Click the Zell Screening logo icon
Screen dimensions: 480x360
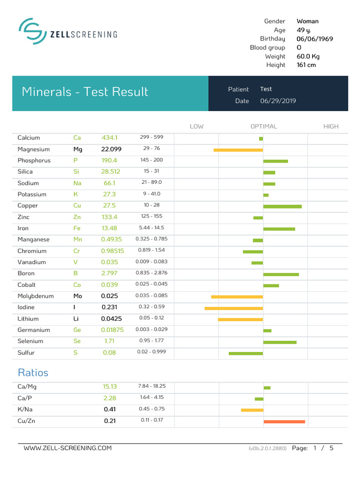point(32,32)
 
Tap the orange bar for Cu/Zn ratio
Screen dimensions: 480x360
point(284,422)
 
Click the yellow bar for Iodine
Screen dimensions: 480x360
point(233,308)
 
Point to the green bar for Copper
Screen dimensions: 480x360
point(282,206)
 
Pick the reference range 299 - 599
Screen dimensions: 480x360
point(151,137)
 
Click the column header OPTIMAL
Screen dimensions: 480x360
point(263,127)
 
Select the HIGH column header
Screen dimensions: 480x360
point(331,127)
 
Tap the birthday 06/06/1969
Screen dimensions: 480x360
point(315,39)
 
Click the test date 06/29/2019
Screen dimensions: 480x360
point(278,101)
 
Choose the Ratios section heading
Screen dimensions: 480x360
point(33,373)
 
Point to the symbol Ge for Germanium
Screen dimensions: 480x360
point(77,330)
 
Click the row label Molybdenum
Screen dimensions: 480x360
point(36,296)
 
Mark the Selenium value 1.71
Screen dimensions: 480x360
point(109,341)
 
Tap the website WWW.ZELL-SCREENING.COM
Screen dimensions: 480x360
point(67,448)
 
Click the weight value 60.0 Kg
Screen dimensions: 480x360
point(308,56)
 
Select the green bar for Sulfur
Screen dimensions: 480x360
point(246,353)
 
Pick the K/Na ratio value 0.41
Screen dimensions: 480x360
point(110,409)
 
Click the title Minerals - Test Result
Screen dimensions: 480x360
point(85,92)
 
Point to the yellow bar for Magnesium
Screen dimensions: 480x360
point(238,150)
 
